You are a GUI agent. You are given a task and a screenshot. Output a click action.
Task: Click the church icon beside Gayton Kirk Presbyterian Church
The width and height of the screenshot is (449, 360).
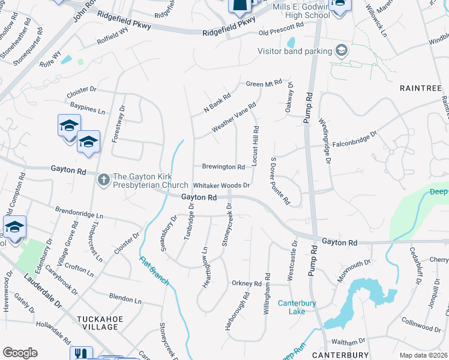point(103,179)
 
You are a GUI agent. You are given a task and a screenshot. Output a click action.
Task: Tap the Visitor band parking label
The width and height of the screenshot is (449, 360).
point(295,51)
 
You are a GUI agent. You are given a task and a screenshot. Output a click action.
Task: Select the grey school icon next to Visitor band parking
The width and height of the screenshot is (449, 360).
point(342,50)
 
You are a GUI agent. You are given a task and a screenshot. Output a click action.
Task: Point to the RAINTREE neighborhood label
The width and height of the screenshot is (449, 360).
point(421,88)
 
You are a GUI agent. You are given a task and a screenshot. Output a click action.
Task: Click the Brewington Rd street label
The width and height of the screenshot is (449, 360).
point(223,167)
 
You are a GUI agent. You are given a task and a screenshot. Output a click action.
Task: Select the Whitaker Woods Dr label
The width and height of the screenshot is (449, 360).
point(221,185)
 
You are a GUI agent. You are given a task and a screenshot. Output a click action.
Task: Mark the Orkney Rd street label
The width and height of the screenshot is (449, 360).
point(247,283)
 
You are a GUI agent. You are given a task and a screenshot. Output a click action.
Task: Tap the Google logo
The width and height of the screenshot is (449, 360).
point(20,352)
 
